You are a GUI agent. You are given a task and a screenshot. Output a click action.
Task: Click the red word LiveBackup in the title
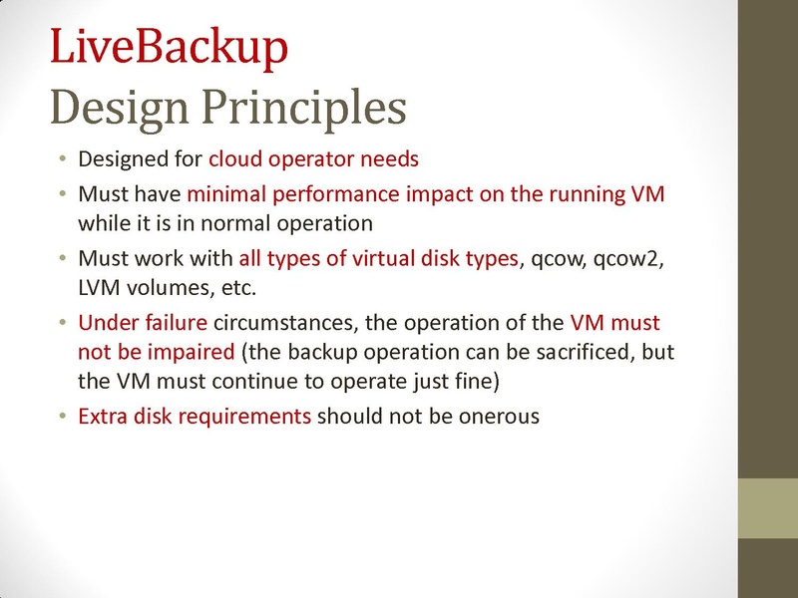169,47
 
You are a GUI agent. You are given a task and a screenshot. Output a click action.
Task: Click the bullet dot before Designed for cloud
62,159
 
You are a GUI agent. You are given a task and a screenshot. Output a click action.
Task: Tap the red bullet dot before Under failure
62,325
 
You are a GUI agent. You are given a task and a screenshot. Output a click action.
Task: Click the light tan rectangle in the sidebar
767,510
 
